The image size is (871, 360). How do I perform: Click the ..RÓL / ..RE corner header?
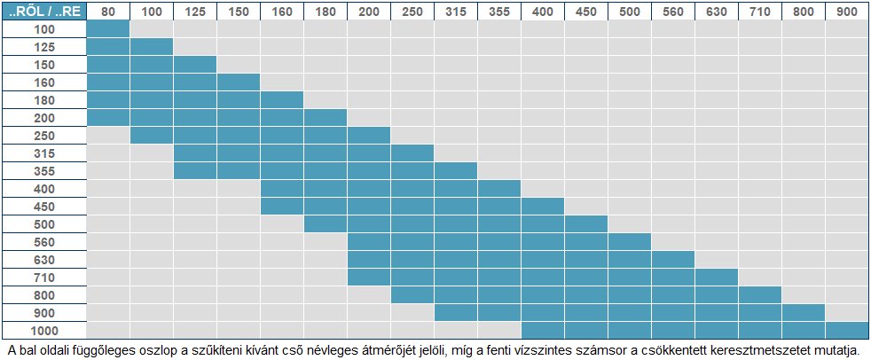pyautogui.click(x=44, y=11)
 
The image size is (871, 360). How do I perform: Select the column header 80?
pyautogui.click(x=108, y=11)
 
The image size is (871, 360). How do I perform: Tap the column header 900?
pyautogui.click(x=846, y=11)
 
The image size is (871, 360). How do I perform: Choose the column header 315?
pyautogui.click(x=456, y=11)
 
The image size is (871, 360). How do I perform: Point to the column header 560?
pyautogui.click(x=673, y=11)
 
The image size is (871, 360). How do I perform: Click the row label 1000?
pyautogui.click(x=44, y=329)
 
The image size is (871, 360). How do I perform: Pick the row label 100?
pyautogui.click(x=44, y=28)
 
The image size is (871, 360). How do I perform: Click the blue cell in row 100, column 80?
pyautogui.click(x=108, y=28)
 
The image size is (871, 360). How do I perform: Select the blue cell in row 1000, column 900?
pyautogui.click(x=846, y=329)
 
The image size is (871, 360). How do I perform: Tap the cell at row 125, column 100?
pyautogui.click(x=152, y=46)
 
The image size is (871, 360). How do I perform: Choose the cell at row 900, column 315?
pyautogui.click(x=456, y=311)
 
